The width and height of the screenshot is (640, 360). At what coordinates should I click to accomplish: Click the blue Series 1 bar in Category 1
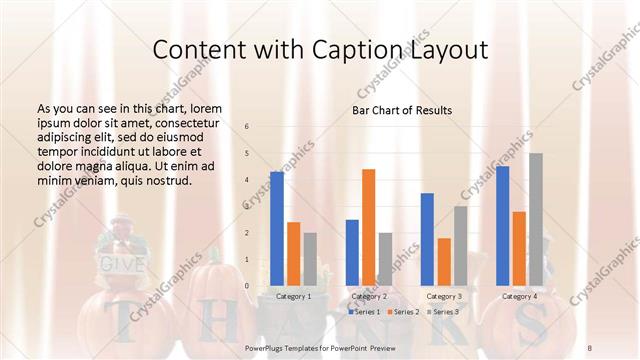coord(277,229)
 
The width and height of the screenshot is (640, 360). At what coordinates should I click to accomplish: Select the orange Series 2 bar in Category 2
coord(368,227)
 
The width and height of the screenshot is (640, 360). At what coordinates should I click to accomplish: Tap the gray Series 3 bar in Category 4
coord(535,219)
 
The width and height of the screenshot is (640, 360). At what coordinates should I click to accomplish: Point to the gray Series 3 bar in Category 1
coord(310,259)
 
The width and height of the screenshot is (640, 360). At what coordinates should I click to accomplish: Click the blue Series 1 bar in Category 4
coord(503,226)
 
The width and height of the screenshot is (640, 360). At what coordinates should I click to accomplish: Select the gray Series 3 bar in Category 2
coord(385,259)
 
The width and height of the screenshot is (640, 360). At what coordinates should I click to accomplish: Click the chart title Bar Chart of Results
coord(402,110)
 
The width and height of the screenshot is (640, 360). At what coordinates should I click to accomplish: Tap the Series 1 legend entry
coord(364,312)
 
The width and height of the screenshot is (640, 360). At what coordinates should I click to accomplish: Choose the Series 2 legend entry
coord(402,312)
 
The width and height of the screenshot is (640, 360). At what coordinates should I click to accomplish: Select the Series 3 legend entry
coord(442,312)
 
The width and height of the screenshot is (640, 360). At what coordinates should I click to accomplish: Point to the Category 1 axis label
coord(293,296)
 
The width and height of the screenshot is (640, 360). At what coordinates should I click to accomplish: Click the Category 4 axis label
coord(519,296)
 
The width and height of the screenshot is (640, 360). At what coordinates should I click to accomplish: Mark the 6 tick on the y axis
coord(248,127)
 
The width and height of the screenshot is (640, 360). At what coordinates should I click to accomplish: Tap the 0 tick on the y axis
coord(248,286)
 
